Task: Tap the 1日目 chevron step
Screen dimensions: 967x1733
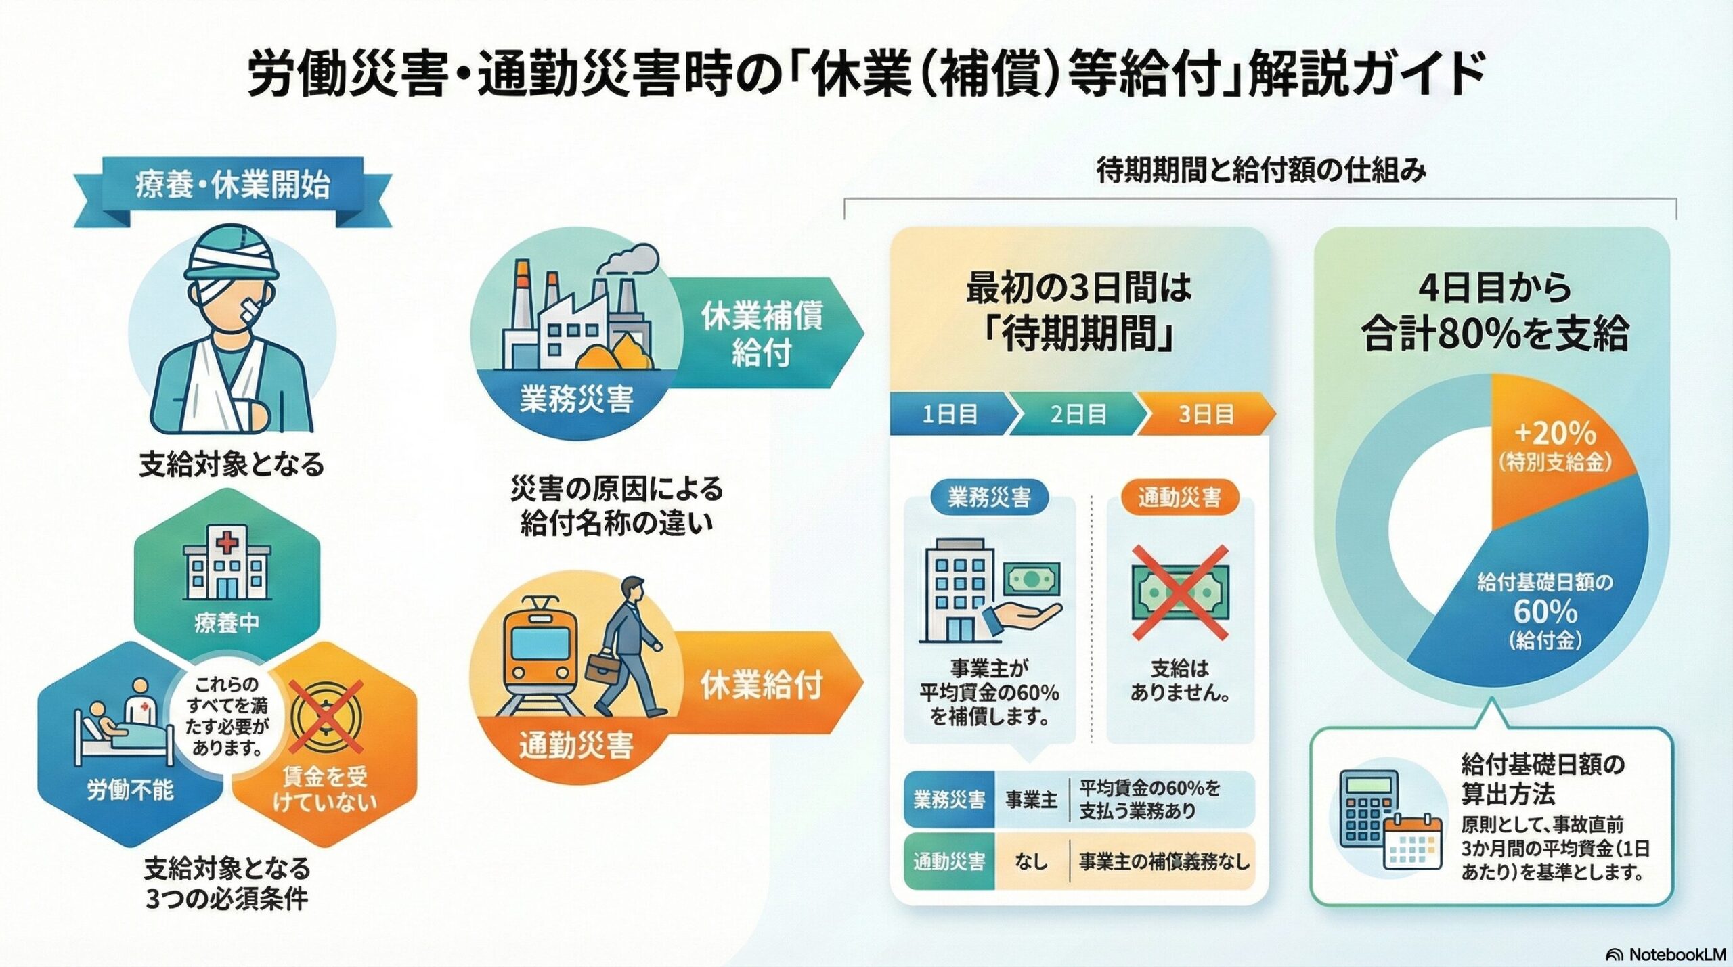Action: click(x=949, y=414)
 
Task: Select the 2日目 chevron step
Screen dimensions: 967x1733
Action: click(x=1078, y=414)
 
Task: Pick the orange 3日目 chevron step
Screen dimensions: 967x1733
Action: click(x=1205, y=414)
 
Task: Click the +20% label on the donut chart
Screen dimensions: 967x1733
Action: click(x=1554, y=434)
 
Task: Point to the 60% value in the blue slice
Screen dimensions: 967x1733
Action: click(x=1545, y=612)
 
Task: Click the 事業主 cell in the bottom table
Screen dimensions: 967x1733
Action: click(x=1031, y=800)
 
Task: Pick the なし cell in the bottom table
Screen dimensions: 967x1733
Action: click(x=1031, y=861)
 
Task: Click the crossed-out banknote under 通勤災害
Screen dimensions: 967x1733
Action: click(x=1179, y=593)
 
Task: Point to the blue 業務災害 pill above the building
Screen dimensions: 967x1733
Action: click(x=989, y=498)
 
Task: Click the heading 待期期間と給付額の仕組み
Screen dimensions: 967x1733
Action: click(x=1260, y=171)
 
